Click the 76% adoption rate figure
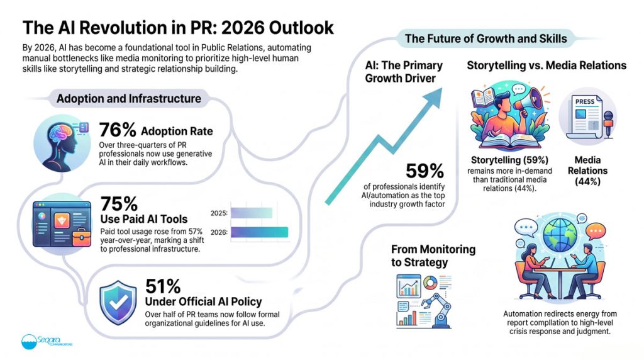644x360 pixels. coord(118,130)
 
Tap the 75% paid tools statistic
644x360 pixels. coord(119,203)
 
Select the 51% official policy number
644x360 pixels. coord(163,286)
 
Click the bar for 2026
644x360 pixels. coord(259,232)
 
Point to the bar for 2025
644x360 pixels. coord(252,213)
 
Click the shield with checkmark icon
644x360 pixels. coord(118,303)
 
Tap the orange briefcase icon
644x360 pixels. coord(81,237)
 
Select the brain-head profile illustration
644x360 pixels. coord(62,143)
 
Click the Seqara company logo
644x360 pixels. coord(47,342)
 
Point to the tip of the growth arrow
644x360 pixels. coord(442,88)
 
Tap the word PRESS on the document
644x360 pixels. coord(585,101)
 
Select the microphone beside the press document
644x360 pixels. coord(608,124)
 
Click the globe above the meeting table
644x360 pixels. coord(559,234)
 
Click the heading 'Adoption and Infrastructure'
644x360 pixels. coord(129,99)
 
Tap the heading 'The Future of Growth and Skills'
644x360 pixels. coord(486,38)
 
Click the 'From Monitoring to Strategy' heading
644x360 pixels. coord(433,256)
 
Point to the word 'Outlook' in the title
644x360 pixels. coord(301,28)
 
